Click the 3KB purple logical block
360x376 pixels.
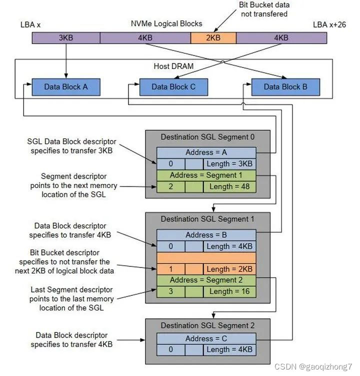click(66, 37)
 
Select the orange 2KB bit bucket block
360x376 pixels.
click(213, 37)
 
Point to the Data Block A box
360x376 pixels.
click(66, 86)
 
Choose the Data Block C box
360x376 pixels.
click(173, 86)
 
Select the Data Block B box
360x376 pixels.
click(285, 86)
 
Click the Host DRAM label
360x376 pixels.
click(173, 66)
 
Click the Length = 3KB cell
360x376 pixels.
click(229, 164)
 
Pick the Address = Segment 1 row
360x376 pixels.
click(206, 175)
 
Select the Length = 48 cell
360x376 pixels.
click(229, 186)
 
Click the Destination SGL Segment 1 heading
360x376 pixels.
click(207, 219)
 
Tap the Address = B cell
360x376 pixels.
click(206, 235)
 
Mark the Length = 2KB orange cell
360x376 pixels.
click(229, 269)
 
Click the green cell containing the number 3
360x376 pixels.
click(170, 291)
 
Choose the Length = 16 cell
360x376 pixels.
click(229, 291)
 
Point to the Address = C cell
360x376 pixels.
click(206, 338)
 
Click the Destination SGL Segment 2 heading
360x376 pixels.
click(207, 326)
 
